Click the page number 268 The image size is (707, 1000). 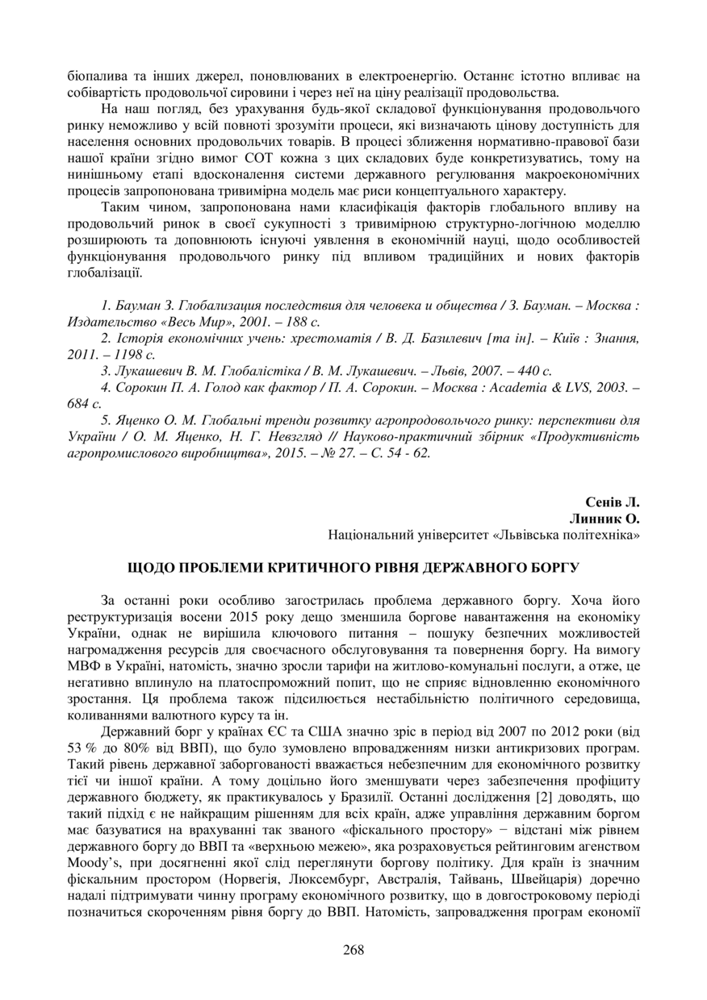pyautogui.click(x=353, y=949)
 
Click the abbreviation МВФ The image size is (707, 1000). pyautogui.click(x=84, y=668)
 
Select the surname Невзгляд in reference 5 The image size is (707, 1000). pyautogui.click(x=287, y=436)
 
